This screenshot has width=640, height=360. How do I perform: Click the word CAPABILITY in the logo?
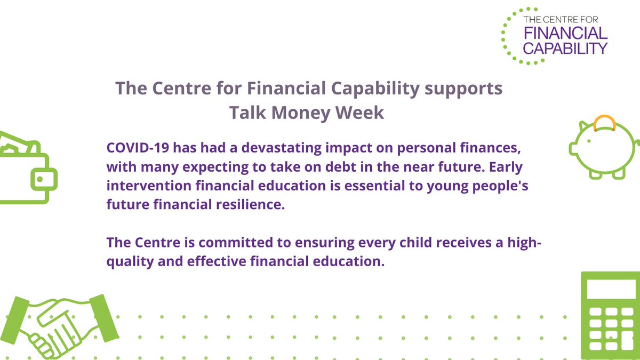[x=565, y=49]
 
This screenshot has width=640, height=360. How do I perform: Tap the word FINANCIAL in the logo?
[x=565, y=34]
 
